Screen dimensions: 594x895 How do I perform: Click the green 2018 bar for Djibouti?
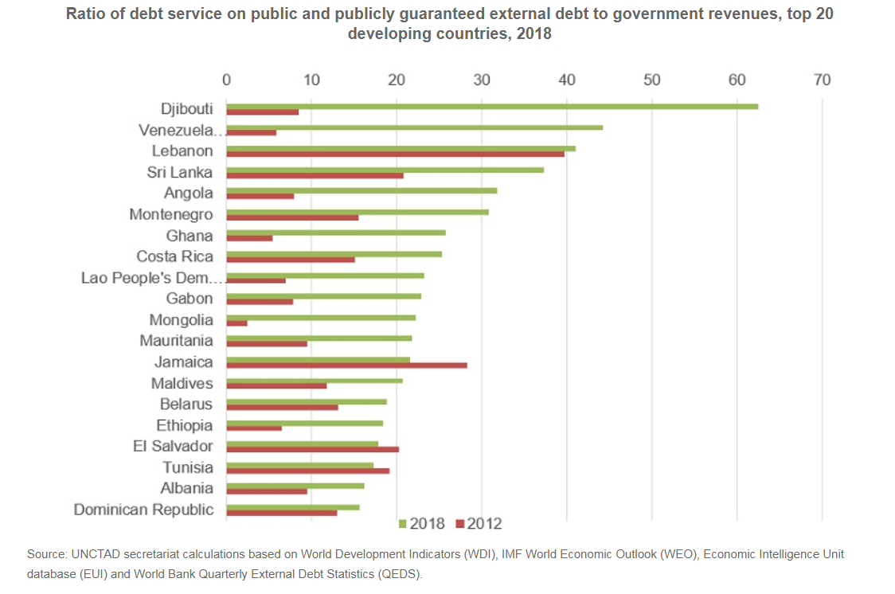tap(492, 106)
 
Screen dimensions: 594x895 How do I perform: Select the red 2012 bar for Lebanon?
tap(395, 154)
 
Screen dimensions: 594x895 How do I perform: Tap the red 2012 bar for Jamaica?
tap(346, 365)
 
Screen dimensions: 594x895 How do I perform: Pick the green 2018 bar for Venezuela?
tap(414, 127)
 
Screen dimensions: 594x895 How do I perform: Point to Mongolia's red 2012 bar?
tap(236, 323)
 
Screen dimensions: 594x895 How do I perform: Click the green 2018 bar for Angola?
tap(362, 190)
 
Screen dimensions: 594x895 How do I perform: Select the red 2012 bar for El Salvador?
tap(312, 450)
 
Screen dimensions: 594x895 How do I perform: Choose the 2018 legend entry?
tap(421, 524)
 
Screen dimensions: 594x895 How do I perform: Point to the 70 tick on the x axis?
tap(822, 80)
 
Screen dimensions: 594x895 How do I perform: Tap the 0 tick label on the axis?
tap(227, 80)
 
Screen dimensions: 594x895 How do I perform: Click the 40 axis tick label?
tap(567, 80)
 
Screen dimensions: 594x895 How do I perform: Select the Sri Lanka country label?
tap(180, 172)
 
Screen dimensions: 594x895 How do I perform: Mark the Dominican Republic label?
tap(143, 510)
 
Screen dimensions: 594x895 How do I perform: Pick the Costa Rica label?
tap(174, 256)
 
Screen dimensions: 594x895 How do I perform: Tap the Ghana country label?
tap(190, 236)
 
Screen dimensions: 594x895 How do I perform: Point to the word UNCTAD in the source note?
tap(94, 553)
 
